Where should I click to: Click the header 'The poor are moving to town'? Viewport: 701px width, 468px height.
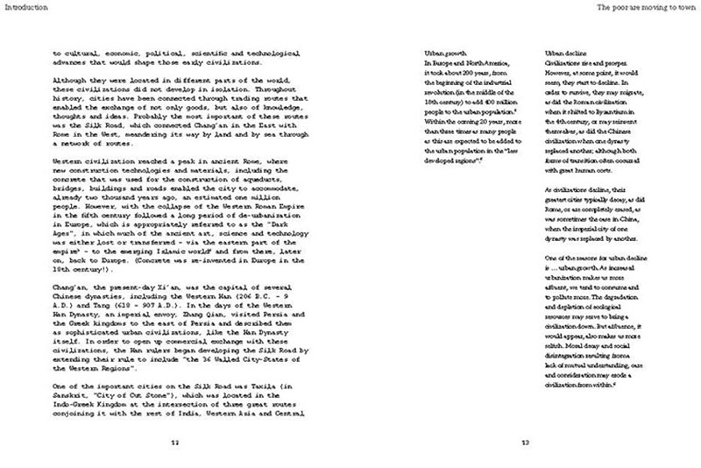click(648, 8)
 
